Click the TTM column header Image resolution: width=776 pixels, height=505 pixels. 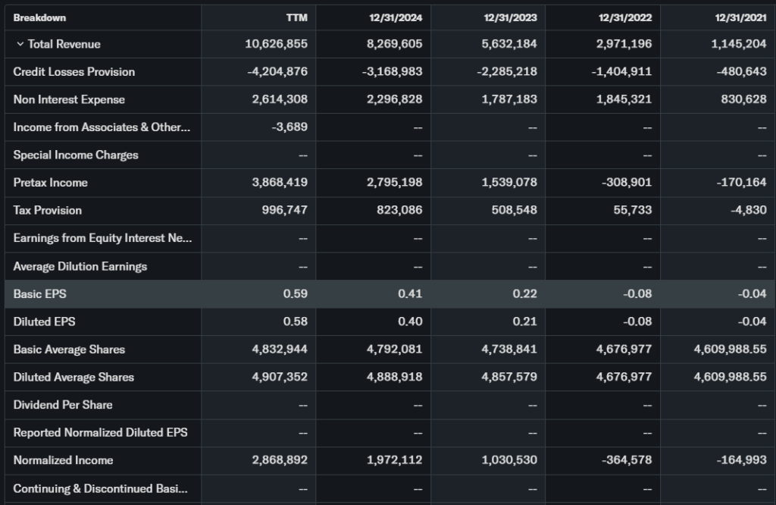296,17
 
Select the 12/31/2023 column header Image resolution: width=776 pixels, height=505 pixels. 511,17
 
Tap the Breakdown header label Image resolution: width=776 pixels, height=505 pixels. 39,17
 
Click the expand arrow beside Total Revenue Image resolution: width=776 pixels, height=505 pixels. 20,44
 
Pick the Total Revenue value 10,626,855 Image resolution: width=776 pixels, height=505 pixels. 276,44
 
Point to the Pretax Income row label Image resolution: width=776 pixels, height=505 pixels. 50,183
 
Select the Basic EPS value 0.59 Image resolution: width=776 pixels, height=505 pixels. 296,293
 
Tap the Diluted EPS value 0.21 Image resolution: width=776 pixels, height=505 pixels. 524,322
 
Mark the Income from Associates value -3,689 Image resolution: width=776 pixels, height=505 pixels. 289,127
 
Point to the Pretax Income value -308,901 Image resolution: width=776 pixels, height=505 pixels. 626,183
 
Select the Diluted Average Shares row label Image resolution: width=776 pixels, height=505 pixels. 74,377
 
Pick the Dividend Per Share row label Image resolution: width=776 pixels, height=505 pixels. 62,405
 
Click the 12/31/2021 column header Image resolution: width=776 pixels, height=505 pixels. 740,17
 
